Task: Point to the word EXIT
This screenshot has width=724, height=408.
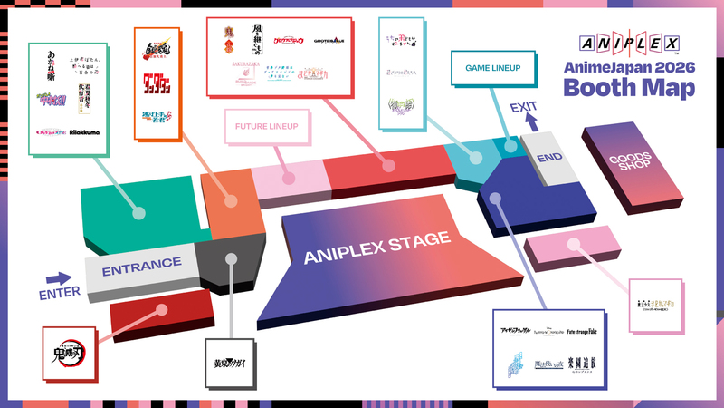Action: (523, 108)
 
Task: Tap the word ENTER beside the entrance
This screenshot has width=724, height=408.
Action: (60, 292)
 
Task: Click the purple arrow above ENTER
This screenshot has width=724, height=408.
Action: (59, 278)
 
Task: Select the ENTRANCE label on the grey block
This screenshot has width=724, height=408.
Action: (142, 267)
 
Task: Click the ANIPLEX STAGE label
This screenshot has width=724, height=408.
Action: (376, 247)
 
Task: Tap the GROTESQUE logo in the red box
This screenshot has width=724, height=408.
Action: (330, 41)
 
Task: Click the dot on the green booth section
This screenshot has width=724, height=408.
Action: (139, 214)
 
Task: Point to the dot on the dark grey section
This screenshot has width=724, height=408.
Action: (232, 258)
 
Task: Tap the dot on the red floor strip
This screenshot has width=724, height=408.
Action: (163, 309)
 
